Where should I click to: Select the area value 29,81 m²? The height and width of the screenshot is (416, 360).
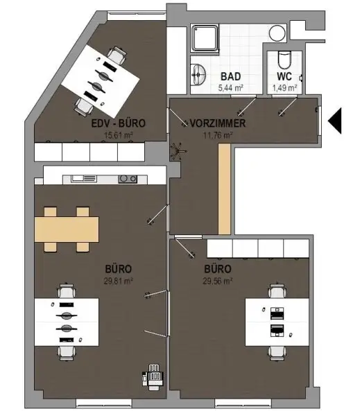[119, 280]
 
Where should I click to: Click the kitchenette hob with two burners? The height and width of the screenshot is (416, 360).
[127, 179]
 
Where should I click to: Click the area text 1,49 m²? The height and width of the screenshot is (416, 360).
[284, 88]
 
